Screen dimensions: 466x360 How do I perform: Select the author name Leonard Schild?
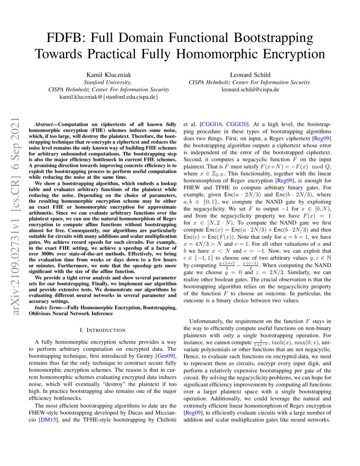[249, 75]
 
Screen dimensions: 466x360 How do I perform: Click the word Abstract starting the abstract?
[44, 126]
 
